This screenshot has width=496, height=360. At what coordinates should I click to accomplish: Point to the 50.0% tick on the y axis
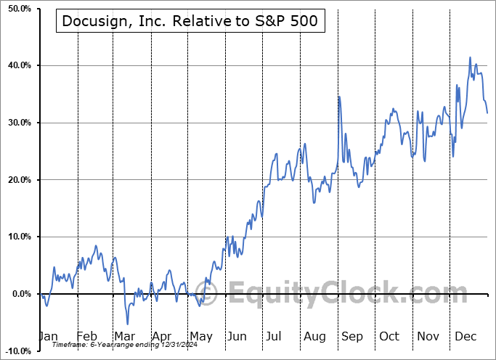click(16, 9)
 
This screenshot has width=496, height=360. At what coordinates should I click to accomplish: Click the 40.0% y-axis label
click(16, 66)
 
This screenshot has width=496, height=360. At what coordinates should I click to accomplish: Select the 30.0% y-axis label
click(16, 123)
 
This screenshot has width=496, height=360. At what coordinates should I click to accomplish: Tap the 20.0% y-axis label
click(16, 180)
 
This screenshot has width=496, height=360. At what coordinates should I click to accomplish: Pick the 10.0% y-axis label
click(16, 237)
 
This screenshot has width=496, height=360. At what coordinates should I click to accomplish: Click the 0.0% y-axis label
click(18, 294)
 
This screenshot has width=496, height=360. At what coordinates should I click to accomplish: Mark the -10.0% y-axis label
click(16, 351)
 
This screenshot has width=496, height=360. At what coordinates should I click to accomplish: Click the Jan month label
click(48, 337)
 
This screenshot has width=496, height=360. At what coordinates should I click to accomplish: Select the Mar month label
click(124, 337)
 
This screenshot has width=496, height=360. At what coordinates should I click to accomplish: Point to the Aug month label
click(314, 337)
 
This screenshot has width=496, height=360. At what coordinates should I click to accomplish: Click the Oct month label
click(389, 337)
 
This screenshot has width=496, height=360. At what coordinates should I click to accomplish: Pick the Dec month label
click(465, 337)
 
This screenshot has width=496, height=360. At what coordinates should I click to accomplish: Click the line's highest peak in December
click(470, 57)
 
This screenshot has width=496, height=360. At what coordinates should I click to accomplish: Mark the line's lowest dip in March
click(128, 324)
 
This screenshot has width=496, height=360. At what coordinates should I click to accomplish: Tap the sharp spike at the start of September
click(338, 96)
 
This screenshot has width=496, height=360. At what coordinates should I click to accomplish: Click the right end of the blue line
click(487, 112)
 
